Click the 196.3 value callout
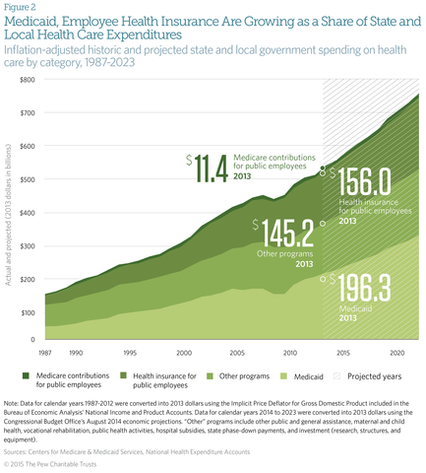coord(366,292)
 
